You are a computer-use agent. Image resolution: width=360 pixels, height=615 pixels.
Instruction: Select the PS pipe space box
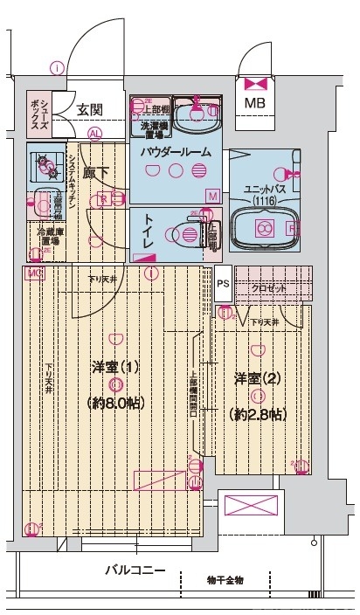[223, 283]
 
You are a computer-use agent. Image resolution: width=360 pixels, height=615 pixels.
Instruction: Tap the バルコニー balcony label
[135, 570]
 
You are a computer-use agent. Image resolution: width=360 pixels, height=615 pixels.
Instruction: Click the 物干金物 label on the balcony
[225, 579]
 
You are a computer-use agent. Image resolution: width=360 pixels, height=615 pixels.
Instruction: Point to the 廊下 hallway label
[95, 172]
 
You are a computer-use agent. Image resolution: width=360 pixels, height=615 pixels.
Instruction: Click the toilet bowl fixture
[186, 234]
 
